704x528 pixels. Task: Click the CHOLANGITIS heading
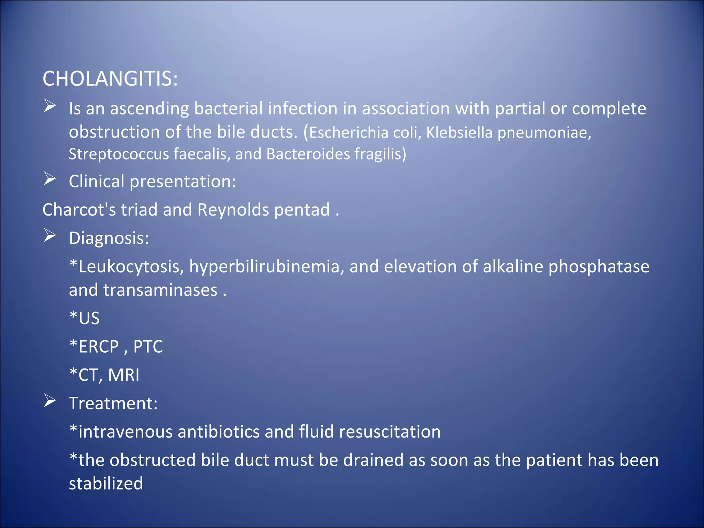click(x=110, y=79)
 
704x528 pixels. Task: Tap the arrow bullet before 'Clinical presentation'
click(x=50, y=179)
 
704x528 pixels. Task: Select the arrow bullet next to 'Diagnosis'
click(x=50, y=236)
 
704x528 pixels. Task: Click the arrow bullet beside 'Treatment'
click(x=50, y=401)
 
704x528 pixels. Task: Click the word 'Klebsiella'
click(x=460, y=133)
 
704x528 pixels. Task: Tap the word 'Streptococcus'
click(x=119, y=154)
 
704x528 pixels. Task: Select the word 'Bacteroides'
click(x=308, y=154)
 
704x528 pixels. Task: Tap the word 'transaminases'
click(x=160, y=290)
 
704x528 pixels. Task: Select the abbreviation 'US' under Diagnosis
click(x=89, y=318)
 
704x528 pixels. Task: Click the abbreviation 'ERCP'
click(x=99, y=346)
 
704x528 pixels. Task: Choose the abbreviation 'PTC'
click(x=148, y=346)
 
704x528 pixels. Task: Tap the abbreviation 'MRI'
click(x=124, y=375)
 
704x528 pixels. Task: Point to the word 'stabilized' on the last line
click(x=106, y=484)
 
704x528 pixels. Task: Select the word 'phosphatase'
click(x=599, y=267)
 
